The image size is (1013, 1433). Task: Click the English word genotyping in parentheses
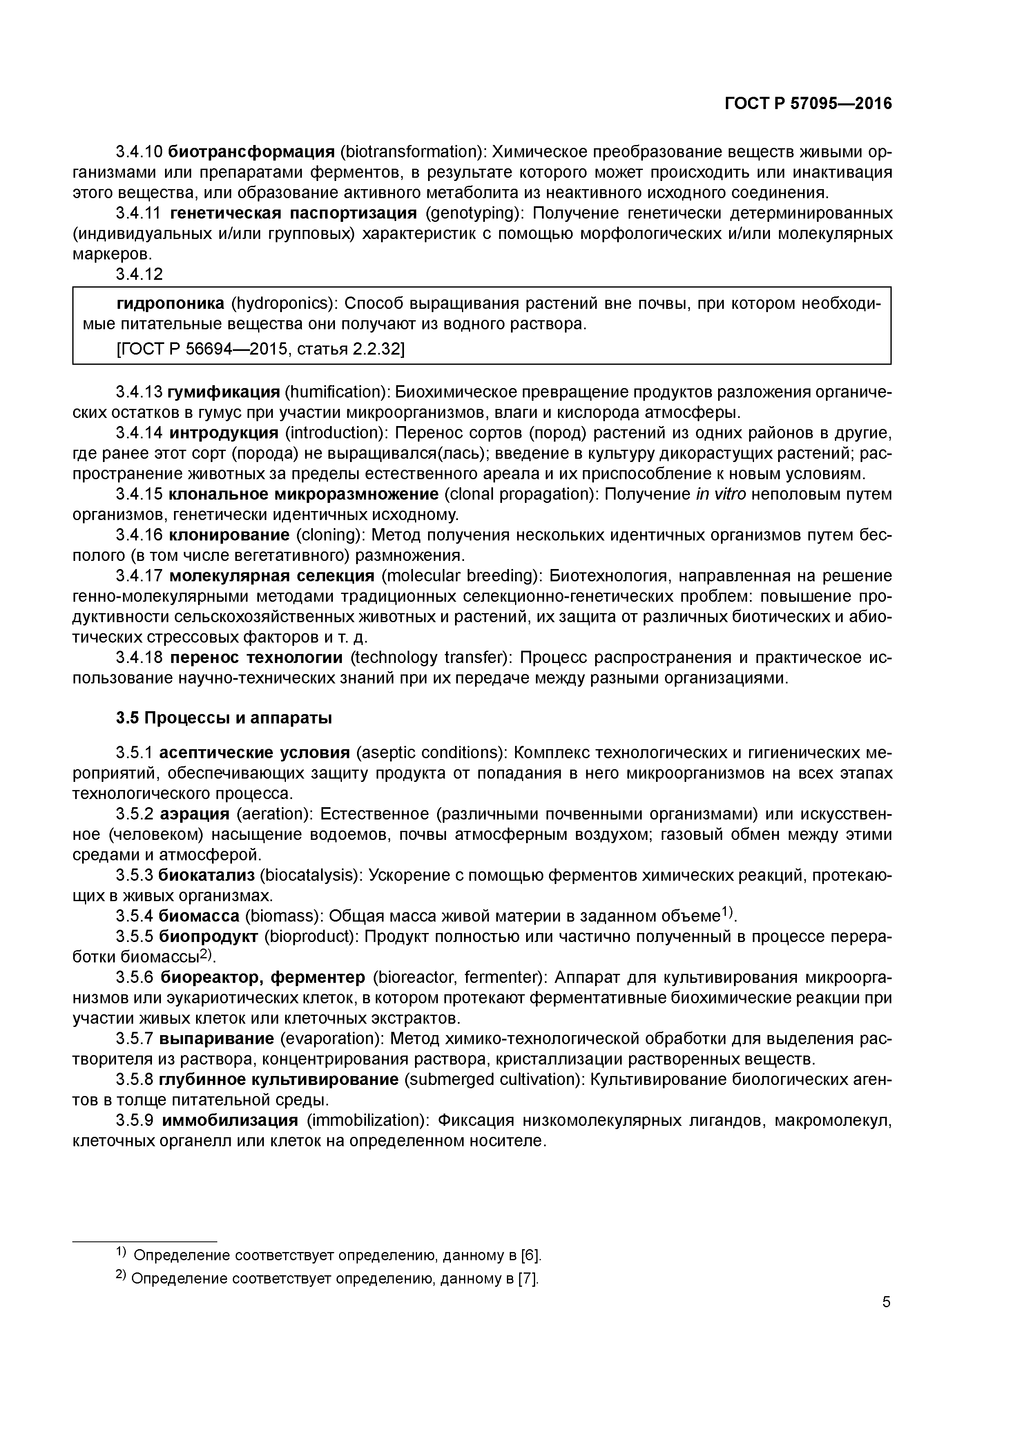point(475,214)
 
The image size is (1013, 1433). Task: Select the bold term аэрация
point(194,815)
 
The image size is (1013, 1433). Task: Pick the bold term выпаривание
point(216,1038)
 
